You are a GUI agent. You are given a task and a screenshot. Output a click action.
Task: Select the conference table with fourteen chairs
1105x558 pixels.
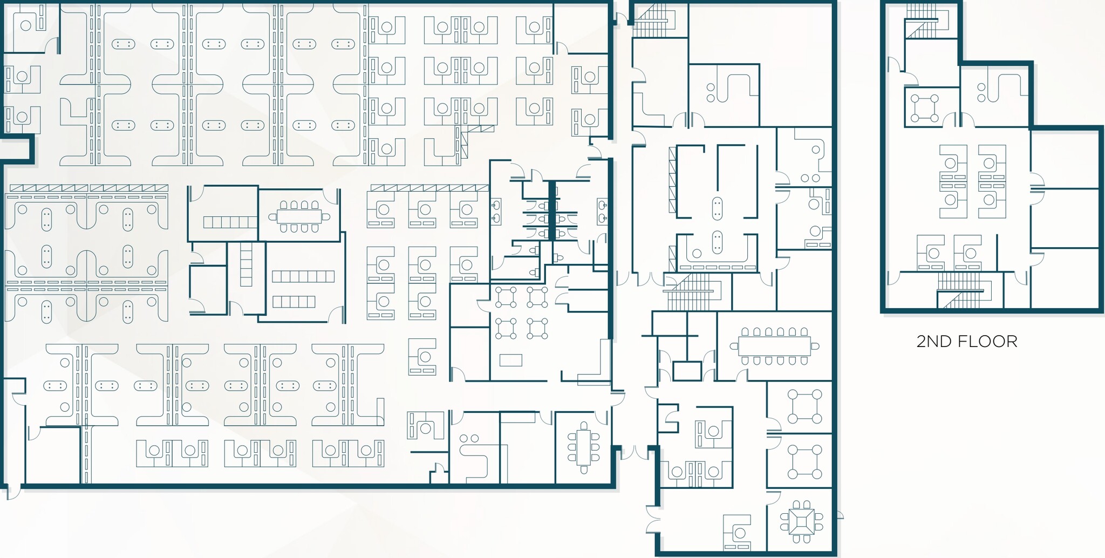(x=774, y=346)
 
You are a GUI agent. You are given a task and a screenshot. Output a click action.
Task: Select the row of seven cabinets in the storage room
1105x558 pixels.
(x=303, y=277)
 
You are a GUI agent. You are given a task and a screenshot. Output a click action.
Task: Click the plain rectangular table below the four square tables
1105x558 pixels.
(x=510, y=359)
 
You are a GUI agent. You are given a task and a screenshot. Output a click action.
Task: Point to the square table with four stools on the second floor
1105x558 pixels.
(x=924, y=108)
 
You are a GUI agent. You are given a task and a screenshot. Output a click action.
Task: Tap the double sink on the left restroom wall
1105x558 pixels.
(x=496, y=212)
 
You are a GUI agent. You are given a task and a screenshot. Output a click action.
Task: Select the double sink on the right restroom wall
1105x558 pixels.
(x=602, y=212)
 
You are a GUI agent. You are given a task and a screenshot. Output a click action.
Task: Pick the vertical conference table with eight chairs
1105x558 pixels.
(x=583, y=447)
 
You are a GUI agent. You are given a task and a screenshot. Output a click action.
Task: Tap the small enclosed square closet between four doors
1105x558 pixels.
(x=686, y=371)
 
